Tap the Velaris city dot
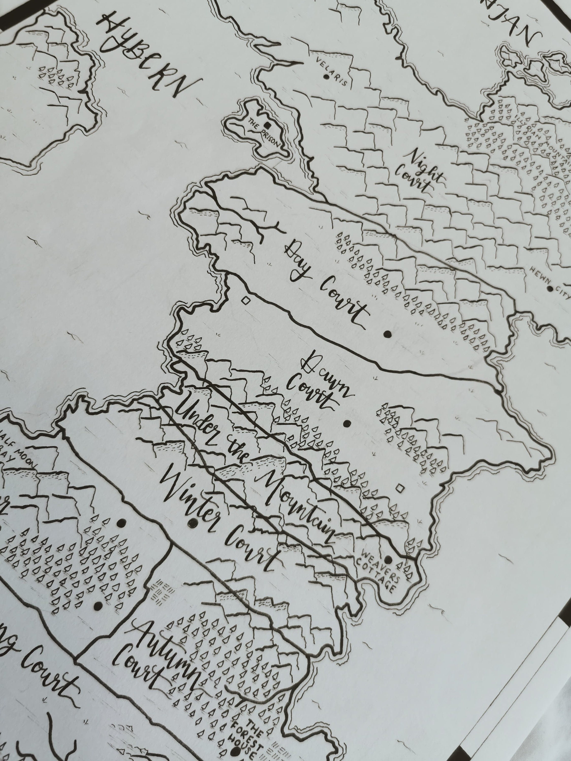pyautogui.click(x=326, y=77)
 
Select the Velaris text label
pyautogui.click(x=333, y=71)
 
